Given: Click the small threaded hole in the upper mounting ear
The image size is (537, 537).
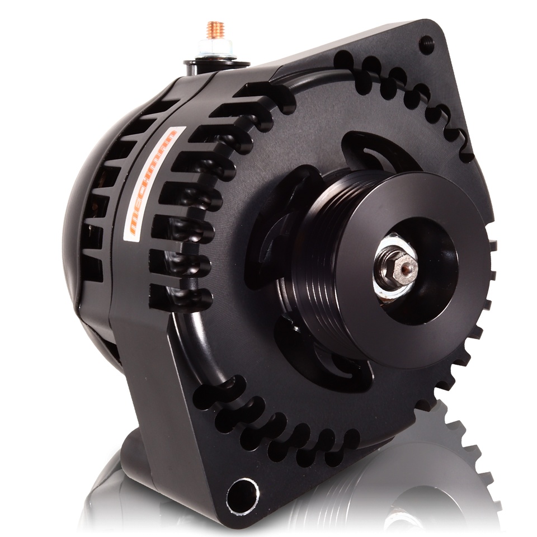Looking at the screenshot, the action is coord(426,44).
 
